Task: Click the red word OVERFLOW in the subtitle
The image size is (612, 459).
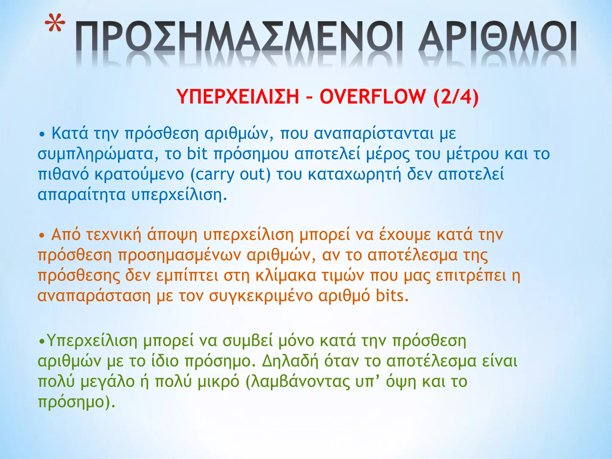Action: point(372,97)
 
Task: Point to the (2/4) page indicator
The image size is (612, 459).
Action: point(456,97)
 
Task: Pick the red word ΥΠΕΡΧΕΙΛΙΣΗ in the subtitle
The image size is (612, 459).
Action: point(238,97)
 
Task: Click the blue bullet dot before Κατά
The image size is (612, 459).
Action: point(42,134)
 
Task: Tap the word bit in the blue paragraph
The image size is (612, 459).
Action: point(197,154)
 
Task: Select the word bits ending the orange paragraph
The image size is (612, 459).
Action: point(392,296)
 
